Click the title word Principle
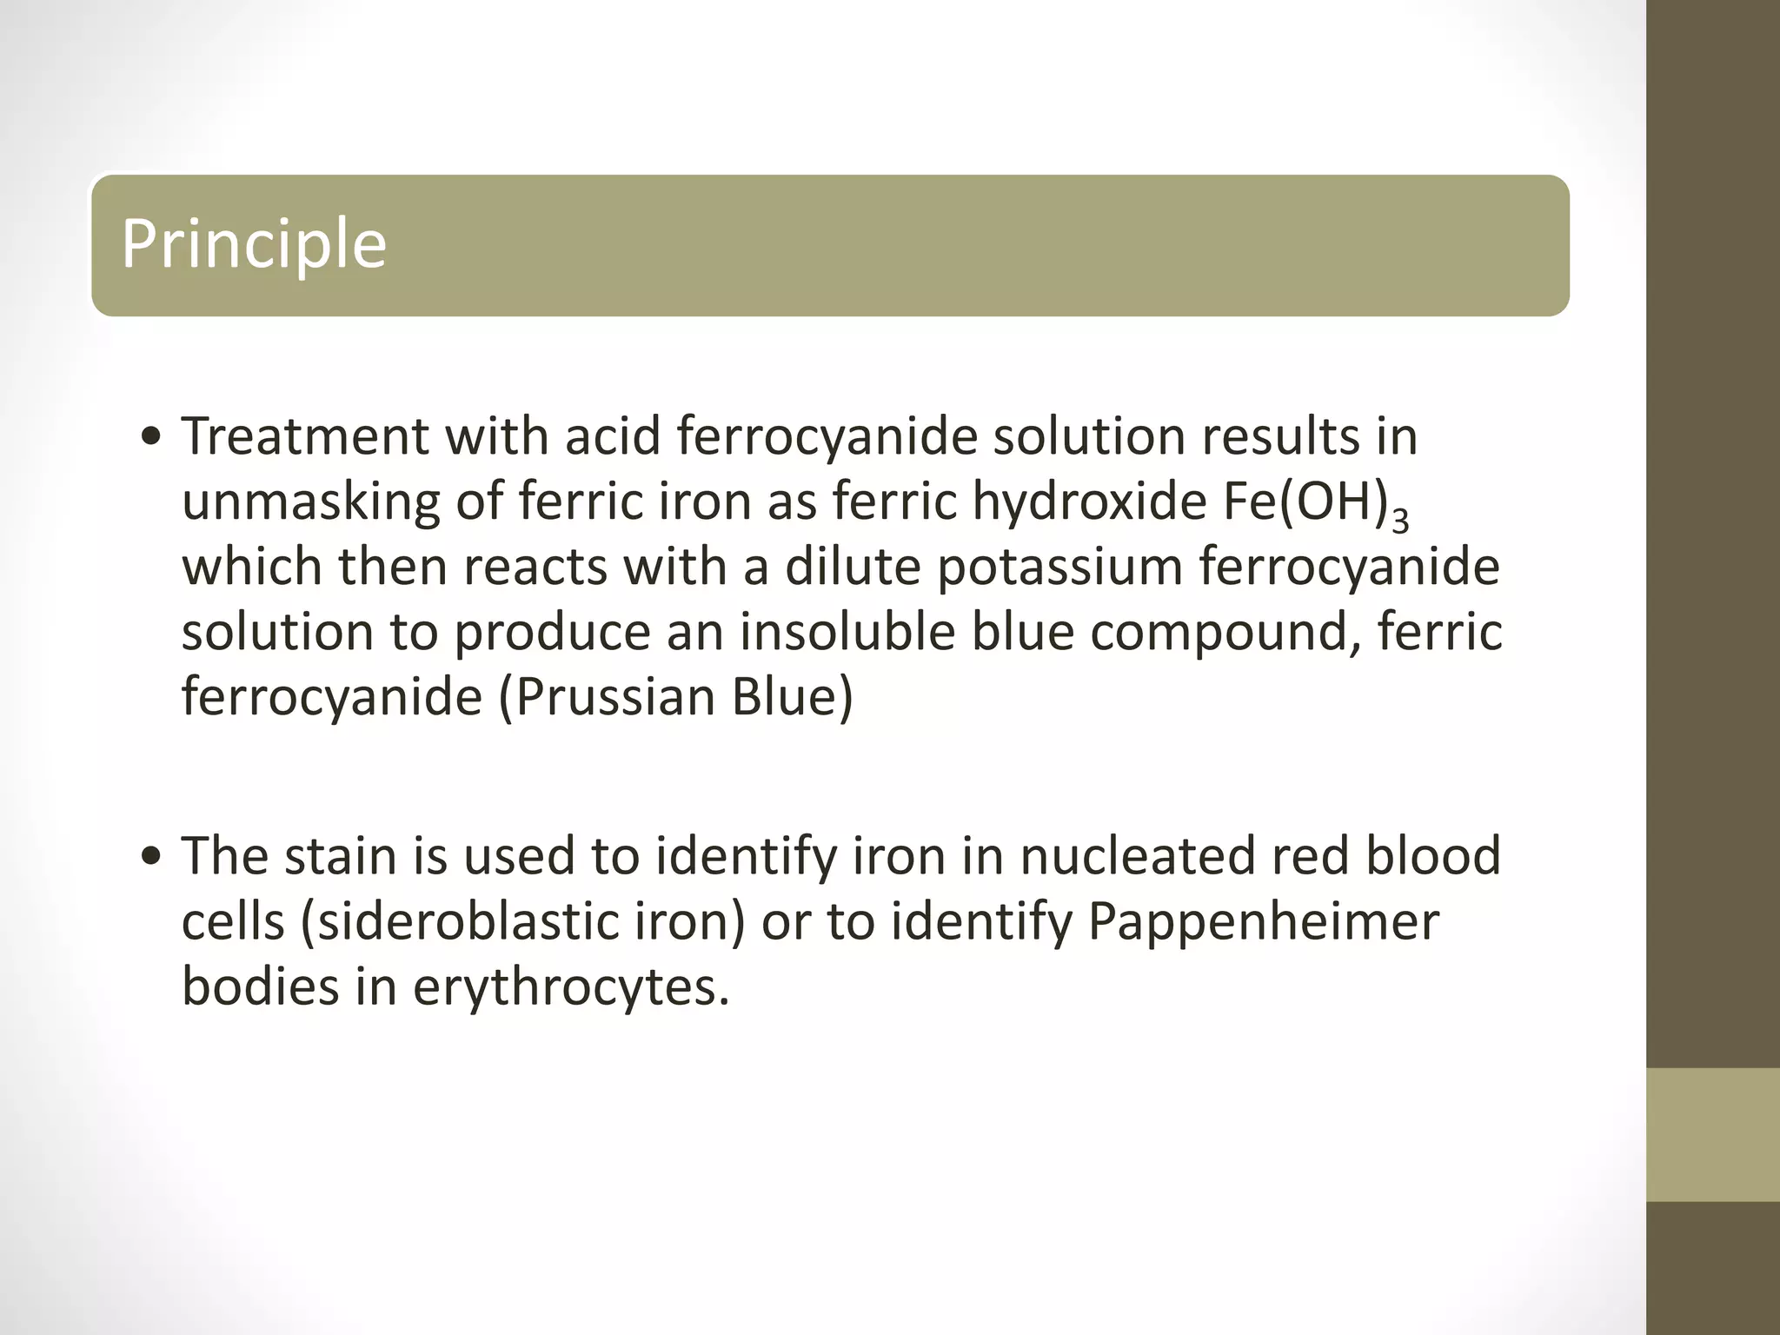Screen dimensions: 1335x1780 click(x=253, y=244)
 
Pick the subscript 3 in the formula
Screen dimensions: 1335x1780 click(x=1399, y=519)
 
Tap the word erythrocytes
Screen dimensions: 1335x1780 click(x=569, y=988)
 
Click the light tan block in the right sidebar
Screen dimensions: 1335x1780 click(x=1712, y=1134)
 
